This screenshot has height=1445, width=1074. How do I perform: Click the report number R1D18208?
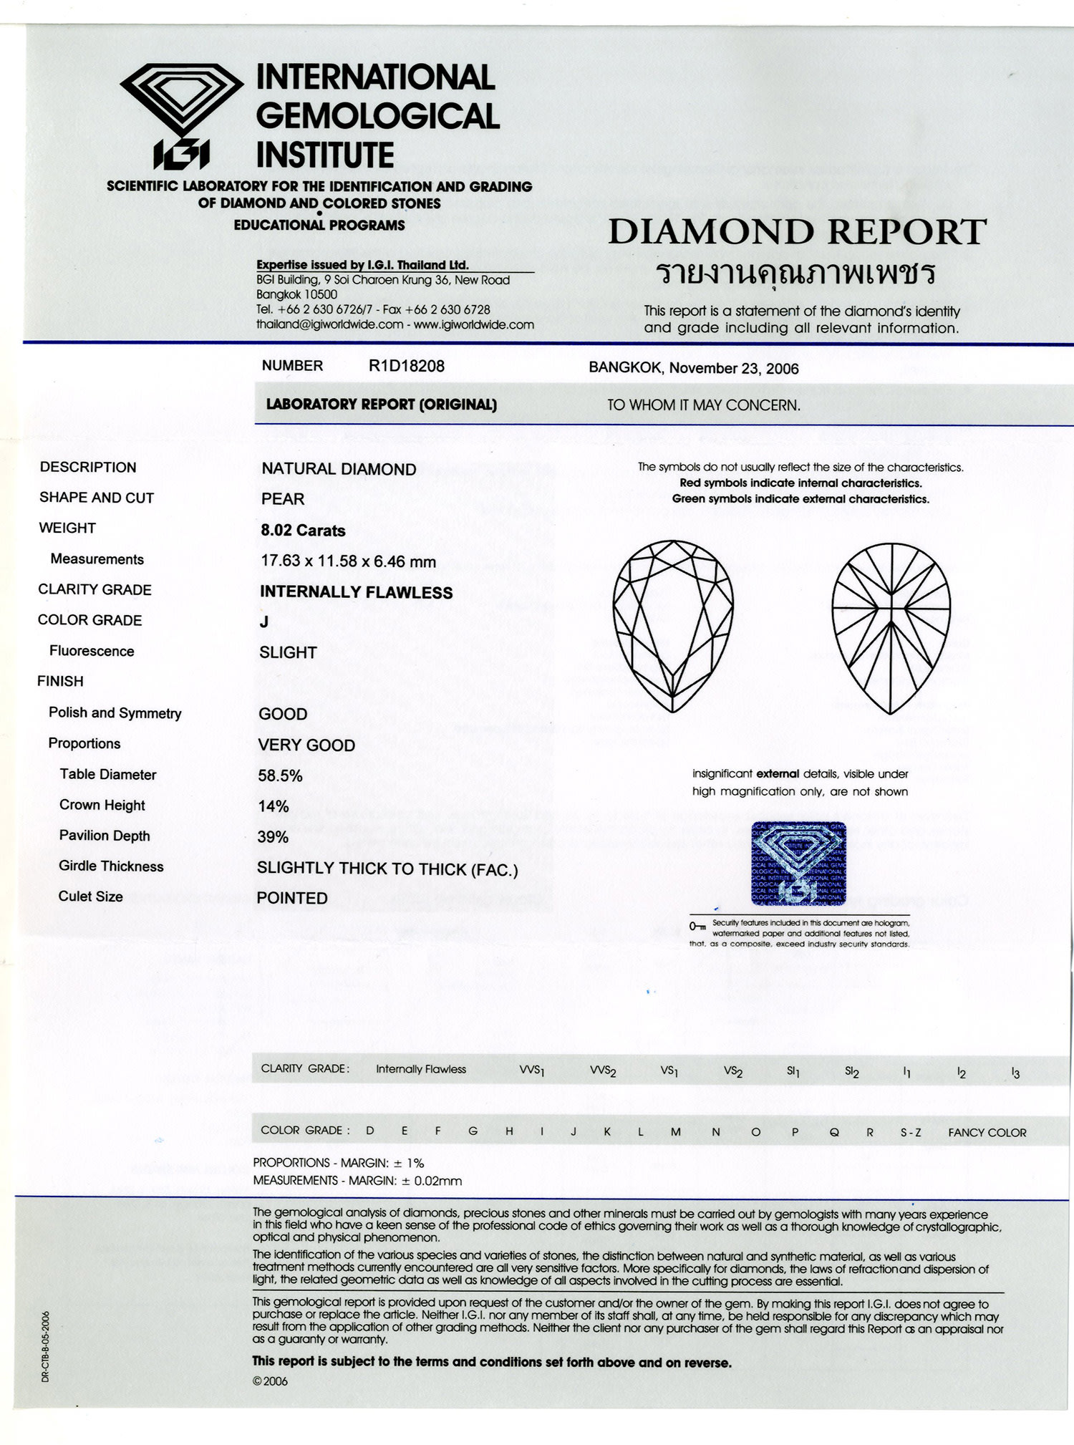tap(406, 366)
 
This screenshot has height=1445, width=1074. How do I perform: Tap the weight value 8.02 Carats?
tap(303, 531)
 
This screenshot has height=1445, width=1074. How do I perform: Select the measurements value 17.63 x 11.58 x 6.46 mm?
tap(348, 561)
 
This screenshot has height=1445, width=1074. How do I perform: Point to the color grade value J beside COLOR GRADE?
tap(264, 622)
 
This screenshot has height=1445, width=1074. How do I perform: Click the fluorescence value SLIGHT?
tap(288, 652)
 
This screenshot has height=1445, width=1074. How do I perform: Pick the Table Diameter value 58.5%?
tap(280, 775)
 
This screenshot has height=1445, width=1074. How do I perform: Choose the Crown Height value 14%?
tap(274, 806)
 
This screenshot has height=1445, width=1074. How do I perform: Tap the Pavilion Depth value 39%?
tap(273, 837)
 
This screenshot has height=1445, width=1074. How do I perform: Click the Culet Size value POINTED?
tap(292, 898)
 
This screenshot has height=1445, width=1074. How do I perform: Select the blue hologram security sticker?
tap(798, 864)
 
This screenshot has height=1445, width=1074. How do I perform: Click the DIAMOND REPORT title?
tap(797, 232)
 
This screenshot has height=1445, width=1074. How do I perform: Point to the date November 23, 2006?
tap(734, 369)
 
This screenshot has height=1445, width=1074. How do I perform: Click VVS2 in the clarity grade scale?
tap(602, 1071)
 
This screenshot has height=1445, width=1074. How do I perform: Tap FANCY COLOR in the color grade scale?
tap(987, 1133)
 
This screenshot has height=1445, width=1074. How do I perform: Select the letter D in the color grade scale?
tap(370, 1131)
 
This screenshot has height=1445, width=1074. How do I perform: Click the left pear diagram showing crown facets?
tap(673, 626)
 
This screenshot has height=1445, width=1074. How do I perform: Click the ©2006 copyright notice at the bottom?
tap(271, 1381)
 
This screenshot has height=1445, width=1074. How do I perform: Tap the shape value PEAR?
tap(283, 499)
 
